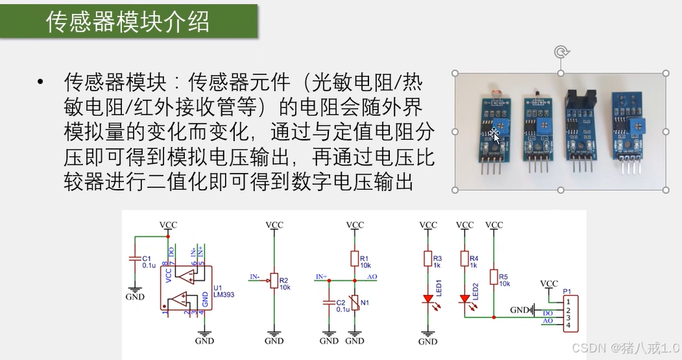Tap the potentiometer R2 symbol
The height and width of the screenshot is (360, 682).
point(274,280)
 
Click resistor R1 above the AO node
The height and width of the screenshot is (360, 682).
point(355,259)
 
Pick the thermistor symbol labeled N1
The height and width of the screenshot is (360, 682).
point(355,303)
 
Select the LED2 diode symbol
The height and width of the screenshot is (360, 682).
point(465,300)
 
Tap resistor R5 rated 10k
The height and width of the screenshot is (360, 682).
point(494,277)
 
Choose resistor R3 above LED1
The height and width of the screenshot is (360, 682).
point(428,259)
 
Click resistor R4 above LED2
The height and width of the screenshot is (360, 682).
point(465,259)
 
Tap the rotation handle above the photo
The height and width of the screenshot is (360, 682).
point(561,52)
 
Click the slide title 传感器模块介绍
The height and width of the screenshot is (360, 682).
point(127,22)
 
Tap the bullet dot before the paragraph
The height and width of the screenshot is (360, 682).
point(41,83)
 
